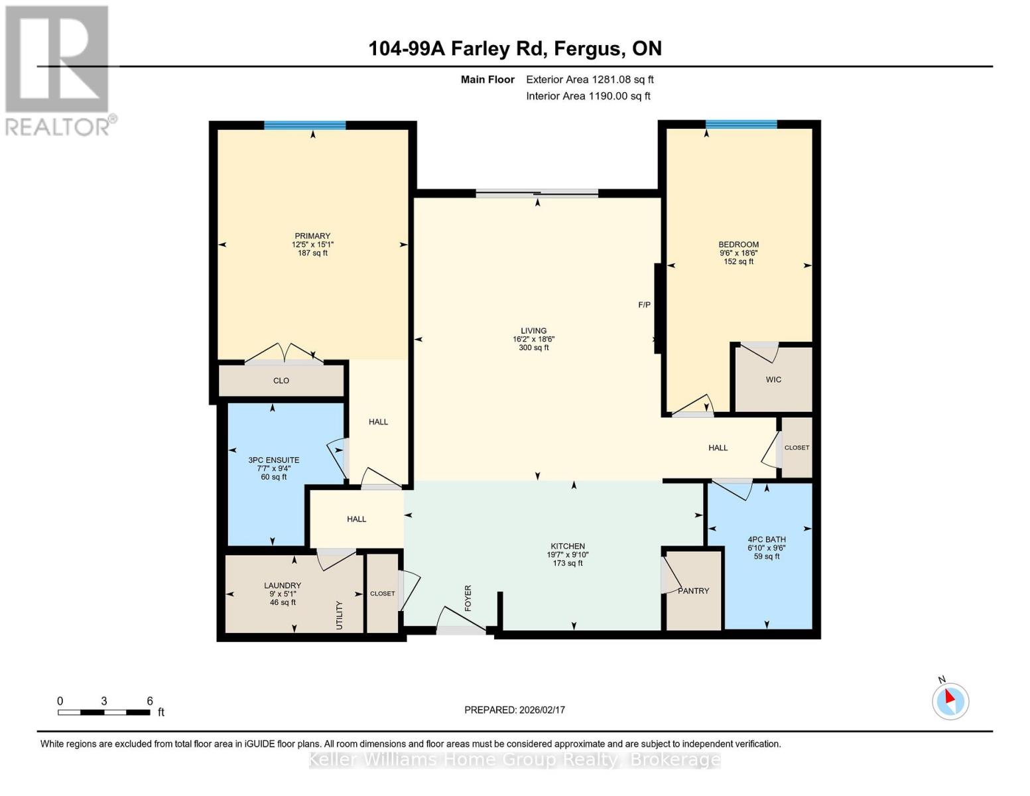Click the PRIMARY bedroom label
(312, 236)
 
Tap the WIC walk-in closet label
(773, 379)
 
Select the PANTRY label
(693, 590)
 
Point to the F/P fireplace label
(644, 305)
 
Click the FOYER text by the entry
(468, 598)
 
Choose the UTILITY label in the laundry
(340, 615)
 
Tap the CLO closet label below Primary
(281, 381)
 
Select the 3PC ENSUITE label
(274, 460)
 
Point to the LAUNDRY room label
(283, 585)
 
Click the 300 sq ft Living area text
(534, 348)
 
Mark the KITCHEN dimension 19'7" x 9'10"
(568, 555)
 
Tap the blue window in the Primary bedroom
(305, 125)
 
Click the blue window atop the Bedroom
(741, 124)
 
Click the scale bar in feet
(103, 712)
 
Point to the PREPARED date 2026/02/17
(515, 710)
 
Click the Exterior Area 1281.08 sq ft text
(590, 80)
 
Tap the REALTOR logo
(58, 70)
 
